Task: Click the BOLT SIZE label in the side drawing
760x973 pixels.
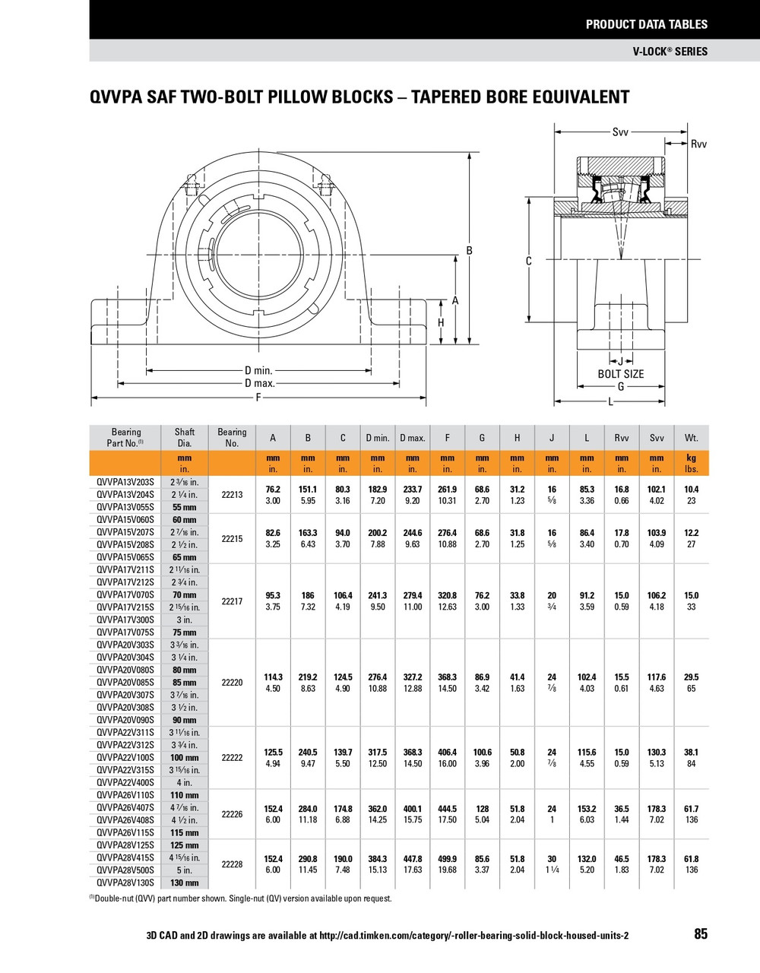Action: [x=620, y=374]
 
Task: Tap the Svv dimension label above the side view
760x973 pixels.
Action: [x=620, y=132]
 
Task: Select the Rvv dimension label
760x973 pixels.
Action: [x=698, y=144]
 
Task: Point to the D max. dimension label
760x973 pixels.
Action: [x=259, y=383]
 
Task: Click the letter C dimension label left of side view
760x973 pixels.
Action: [x=529, y=261]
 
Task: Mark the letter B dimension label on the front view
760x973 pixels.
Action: [x=470, y=251]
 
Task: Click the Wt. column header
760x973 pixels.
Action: [x=691, y=438]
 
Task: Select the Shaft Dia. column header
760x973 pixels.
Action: [x=185, y=437]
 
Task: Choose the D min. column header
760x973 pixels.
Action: [x=378, y=438]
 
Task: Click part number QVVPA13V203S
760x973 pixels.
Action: [x=125, y=482]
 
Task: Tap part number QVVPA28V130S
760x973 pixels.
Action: [x=125, y=883]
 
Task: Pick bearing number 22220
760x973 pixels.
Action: [x=232, y=683]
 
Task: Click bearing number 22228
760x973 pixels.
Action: [x=232, y=864]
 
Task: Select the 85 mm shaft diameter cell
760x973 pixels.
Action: [x=185, y=683]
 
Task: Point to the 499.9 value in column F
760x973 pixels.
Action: [x=447, y=859]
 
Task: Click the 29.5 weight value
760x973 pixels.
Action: [x=691, y=677]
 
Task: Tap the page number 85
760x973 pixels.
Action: [x=700, y=934]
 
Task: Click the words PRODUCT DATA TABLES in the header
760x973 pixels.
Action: [x=646, y=24]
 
